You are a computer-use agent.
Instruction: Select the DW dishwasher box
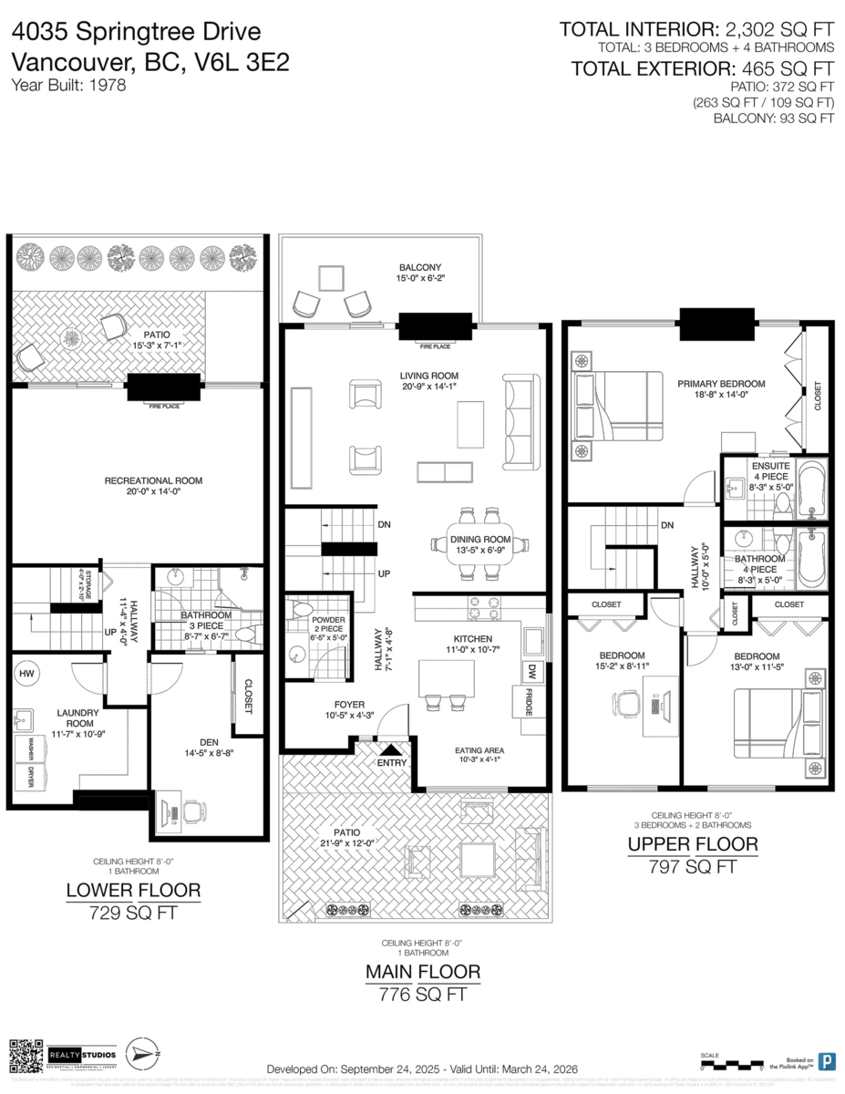[x=531, y=671]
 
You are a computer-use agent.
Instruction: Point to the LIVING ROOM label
[x=428, y=376]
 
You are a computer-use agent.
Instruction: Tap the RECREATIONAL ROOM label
[x=153, y=480]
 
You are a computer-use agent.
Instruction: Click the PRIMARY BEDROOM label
[x=720, y=384]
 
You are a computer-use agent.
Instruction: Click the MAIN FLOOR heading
[x=423, y=972]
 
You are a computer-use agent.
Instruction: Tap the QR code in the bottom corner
[x=26, y=1055]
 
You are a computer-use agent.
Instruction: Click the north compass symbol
[x=141, y=1054]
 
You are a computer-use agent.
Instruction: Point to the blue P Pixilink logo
[x=826, y=1061]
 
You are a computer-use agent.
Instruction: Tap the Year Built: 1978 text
[x=68, y=85]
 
